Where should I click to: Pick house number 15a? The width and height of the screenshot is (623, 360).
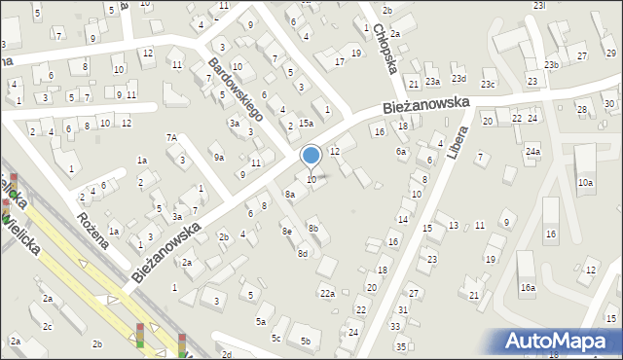tap(306, 124)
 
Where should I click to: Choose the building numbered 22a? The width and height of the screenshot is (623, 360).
tap(328, 293)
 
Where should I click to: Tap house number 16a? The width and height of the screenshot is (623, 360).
tap(528, 287)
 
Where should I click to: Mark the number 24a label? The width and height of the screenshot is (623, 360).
tap(532, 152)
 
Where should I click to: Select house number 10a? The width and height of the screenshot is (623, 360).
tap(585, 182)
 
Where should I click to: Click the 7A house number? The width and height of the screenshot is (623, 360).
tap(171, 138)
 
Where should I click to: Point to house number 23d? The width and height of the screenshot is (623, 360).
tap(458, 79)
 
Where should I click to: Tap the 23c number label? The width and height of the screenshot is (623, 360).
tap(488, 86)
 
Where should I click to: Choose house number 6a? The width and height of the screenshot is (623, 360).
tap(400, 152)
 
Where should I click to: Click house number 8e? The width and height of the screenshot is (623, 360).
tap(286, 231)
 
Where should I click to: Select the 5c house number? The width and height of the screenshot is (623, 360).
tap(276, 338)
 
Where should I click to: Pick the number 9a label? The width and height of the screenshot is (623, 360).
tap(219, 157)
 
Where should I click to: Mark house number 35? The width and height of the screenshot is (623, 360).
tap(401, 346)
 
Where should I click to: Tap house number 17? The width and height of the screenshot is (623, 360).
tap(340, 62)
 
